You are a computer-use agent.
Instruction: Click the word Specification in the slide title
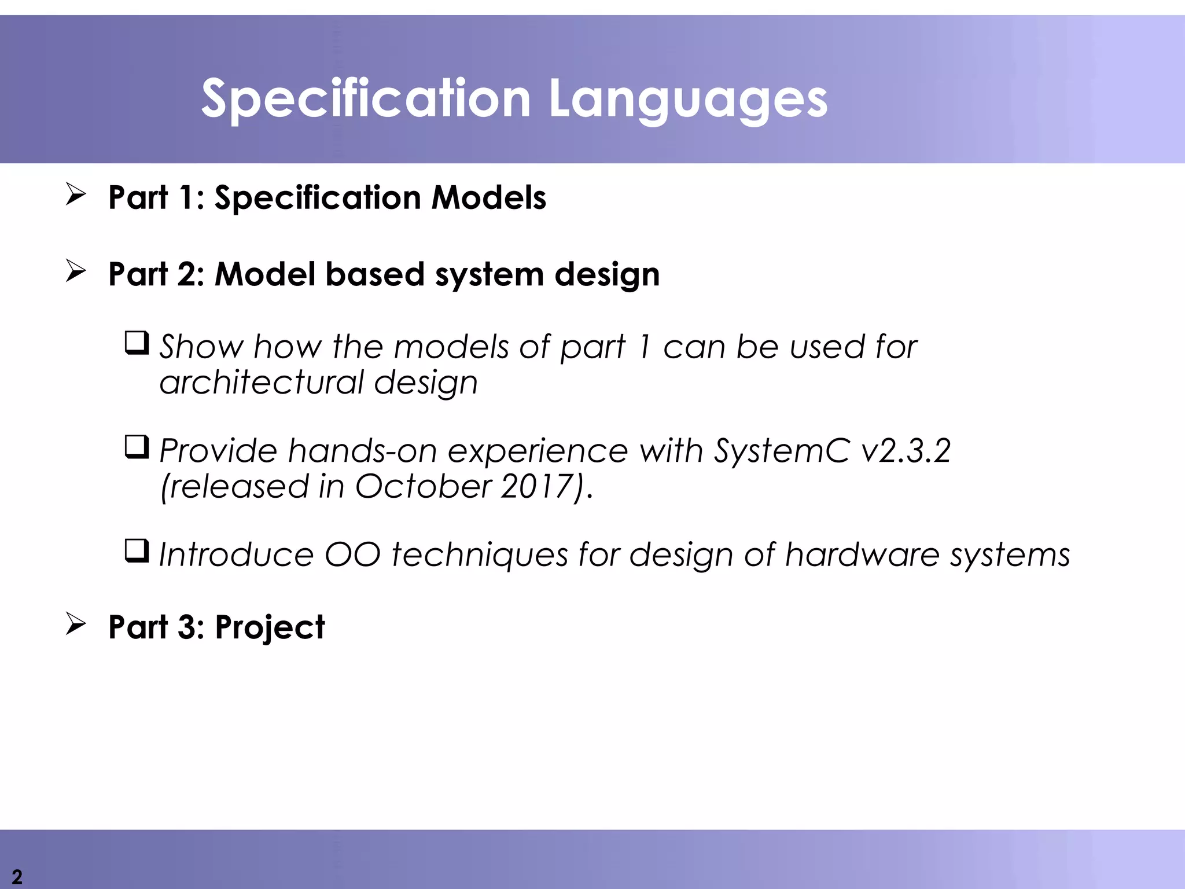(366, 100)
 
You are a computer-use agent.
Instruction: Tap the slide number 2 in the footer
(17, 876)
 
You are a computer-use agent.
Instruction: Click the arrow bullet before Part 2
(76, 270)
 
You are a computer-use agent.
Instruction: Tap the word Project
(270, 628)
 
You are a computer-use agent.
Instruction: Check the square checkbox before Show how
(137, 343)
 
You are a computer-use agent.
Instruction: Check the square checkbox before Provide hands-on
(137, 447)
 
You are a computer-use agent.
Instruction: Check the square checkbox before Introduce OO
(137, 551)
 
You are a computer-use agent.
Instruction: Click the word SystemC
(782, 451)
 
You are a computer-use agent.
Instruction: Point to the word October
(423, 486)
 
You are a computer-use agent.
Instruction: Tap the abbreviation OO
(352, 554)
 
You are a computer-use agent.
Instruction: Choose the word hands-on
(362, 451)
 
